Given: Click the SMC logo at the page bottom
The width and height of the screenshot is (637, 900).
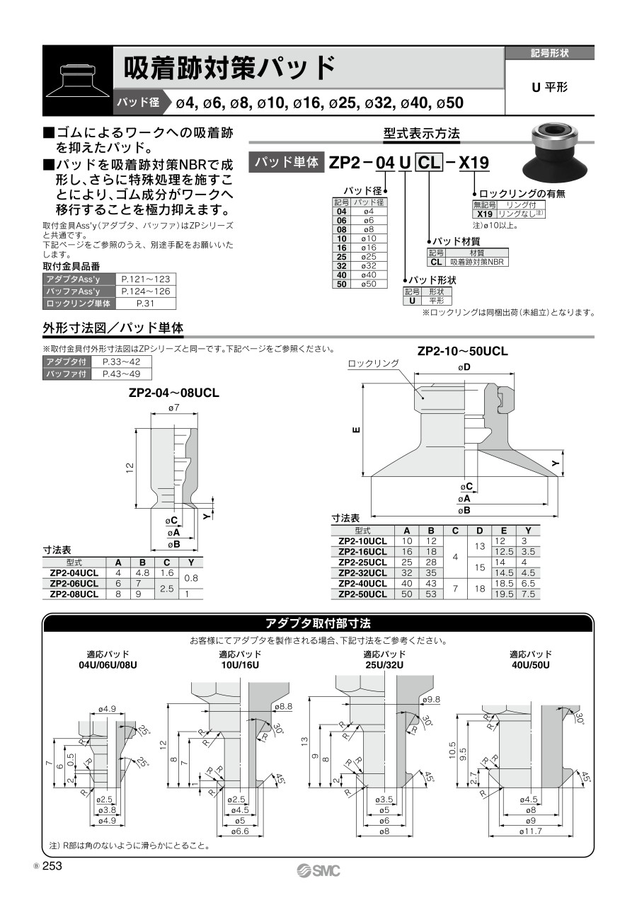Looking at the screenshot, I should [x=318, y=870].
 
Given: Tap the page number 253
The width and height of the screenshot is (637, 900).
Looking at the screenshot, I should [x=53, y=866].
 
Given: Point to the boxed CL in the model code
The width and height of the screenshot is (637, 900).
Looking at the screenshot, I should [x=427, y=163].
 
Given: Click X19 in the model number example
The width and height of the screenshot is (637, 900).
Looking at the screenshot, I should [x=474, y=163].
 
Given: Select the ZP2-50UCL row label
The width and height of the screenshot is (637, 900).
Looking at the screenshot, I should [x=362, y=594].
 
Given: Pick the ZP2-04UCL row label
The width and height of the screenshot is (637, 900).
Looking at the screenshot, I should [x=74, y=572].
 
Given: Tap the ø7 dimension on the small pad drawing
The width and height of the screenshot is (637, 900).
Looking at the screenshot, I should [x=173, y=408].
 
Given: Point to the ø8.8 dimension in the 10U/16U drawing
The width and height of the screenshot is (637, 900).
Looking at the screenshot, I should [x=281, y=706].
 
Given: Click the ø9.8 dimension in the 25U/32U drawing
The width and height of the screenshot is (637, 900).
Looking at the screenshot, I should [x=430, y=699].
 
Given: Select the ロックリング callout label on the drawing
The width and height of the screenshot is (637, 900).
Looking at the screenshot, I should [x=373, y=364].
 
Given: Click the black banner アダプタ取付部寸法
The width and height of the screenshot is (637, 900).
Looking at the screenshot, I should [x=318, y=623].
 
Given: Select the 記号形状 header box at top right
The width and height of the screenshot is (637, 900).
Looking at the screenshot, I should [x=549, y=53].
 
